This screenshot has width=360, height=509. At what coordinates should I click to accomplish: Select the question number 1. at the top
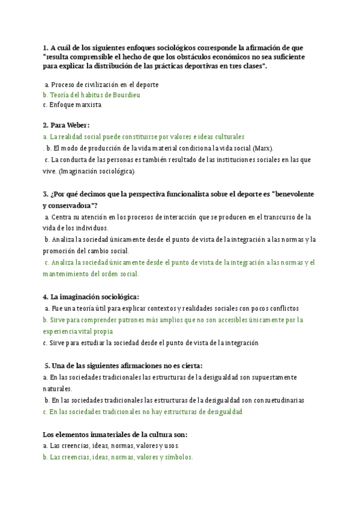[46, 47]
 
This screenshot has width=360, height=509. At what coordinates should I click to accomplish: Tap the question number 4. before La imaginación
[46, 297]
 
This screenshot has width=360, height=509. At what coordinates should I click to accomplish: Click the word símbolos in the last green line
[175, 457]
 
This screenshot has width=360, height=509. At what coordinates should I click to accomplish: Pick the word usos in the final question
[172, 446]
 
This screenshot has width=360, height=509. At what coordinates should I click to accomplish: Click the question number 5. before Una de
[48, 366]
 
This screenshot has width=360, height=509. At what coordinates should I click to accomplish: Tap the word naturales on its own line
[57, 388]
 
